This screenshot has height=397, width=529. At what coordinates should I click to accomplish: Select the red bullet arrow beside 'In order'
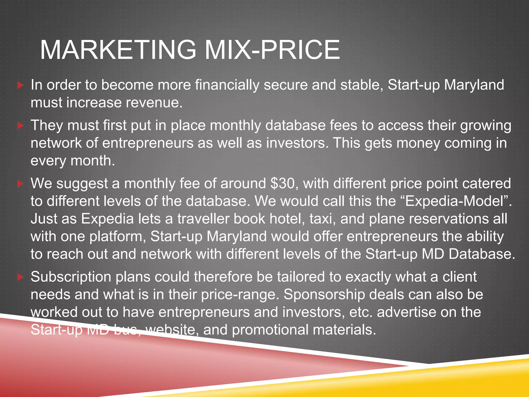[20, 85]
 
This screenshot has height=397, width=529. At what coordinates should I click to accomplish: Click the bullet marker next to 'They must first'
[20, 126]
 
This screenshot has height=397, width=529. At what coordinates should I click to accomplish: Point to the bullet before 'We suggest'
[20, 184]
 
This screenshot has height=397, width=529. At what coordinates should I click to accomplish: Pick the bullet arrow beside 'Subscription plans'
[20, 277]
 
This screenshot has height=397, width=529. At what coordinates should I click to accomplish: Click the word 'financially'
[227, 85]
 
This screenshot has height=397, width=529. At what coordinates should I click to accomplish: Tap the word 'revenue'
[154, 103]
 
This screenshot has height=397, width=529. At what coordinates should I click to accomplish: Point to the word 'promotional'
[270, 330]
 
